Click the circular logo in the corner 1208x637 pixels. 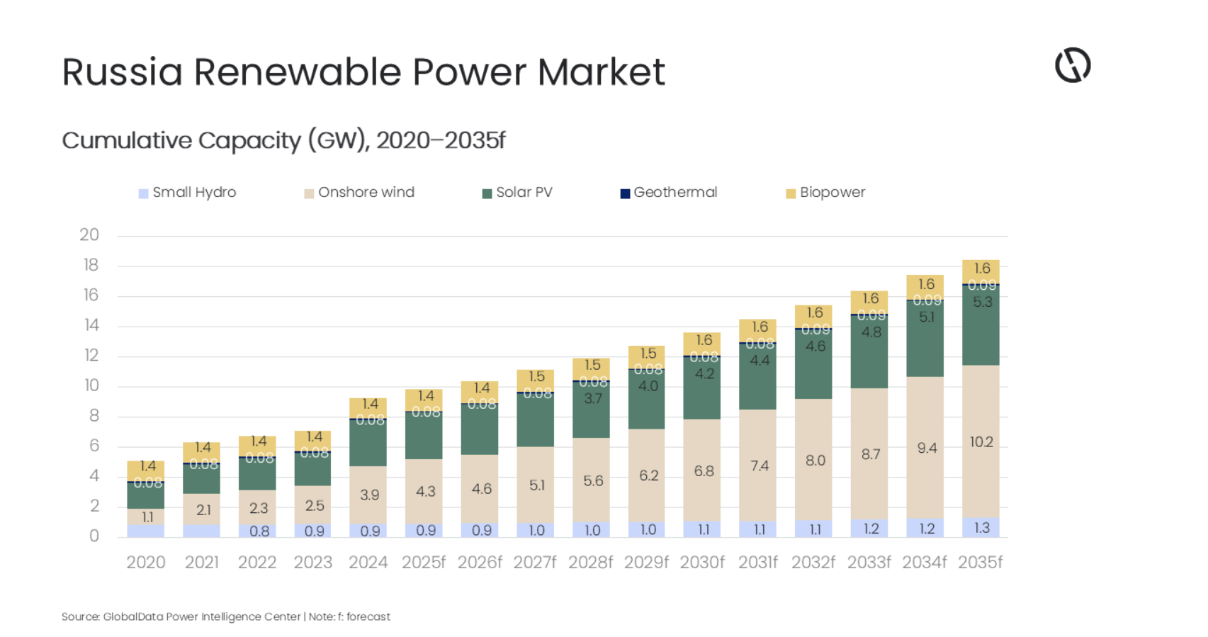(1072, 66)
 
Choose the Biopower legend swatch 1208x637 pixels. (791, 193)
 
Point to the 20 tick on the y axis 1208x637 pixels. (89, 235)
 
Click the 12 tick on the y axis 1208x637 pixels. (91, 356)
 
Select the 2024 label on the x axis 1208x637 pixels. (368, 563)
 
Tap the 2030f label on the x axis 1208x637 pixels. (701, 563)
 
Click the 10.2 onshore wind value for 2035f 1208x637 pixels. (981, 442)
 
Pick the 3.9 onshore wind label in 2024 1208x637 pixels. (369, 495)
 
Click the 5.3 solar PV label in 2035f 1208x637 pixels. (982, 303)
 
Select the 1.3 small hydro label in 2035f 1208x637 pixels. (981, 528)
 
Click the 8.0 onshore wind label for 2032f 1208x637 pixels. (815, 461)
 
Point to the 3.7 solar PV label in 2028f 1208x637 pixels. (592, 399)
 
